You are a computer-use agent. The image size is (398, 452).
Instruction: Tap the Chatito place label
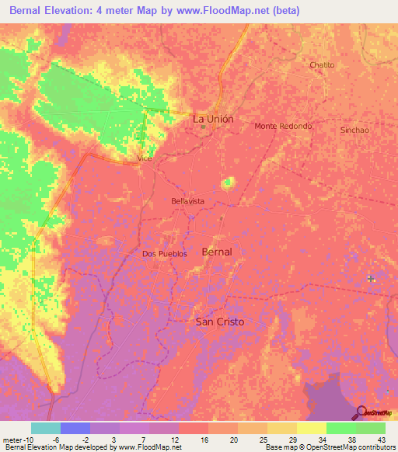coord(322,64)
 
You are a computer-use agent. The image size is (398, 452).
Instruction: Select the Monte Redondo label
coord(283,126)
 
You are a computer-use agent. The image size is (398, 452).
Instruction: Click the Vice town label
coord(144,158)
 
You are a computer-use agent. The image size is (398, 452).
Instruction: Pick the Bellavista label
coord(187,201)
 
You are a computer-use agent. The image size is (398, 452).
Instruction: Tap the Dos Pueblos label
coord(165,254)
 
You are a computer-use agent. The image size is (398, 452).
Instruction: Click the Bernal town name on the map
coord(216,252)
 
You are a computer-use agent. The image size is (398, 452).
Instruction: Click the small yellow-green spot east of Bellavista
coord(229,183)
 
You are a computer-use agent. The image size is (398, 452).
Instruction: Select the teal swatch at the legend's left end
coord(46,428)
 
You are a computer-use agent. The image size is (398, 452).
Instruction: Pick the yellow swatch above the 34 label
coord(312,428)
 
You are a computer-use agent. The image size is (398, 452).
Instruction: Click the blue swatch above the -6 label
coord(75,428)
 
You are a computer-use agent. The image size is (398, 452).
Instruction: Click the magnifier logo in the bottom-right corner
coord(361,413)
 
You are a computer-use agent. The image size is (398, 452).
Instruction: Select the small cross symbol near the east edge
coord(371,278)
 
